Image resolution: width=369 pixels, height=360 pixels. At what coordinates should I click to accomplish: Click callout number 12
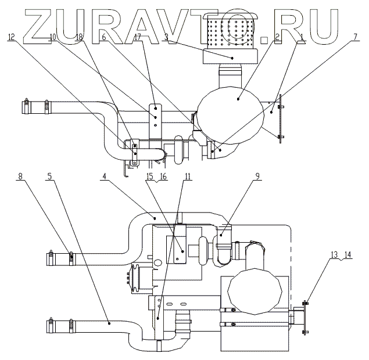[x=11, y=37]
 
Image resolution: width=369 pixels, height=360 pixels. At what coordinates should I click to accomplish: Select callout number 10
[x=53, y=37]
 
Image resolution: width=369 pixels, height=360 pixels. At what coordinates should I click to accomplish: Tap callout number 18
[x=79, y=37]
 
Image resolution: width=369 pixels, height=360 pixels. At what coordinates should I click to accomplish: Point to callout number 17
[x=138, y=37]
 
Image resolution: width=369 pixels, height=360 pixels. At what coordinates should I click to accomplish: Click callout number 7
[x=355, y=37]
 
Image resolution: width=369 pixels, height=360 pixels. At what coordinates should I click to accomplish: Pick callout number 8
[x=20, y=176]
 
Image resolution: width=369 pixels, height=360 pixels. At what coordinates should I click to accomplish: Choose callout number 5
[x=49, y=176]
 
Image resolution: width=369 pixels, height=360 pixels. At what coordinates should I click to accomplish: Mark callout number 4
[x=104, y=176]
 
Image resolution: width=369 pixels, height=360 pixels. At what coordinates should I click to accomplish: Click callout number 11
[x=188, y=176]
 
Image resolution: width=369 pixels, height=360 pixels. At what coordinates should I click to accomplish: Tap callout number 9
[x=257, y=176]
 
